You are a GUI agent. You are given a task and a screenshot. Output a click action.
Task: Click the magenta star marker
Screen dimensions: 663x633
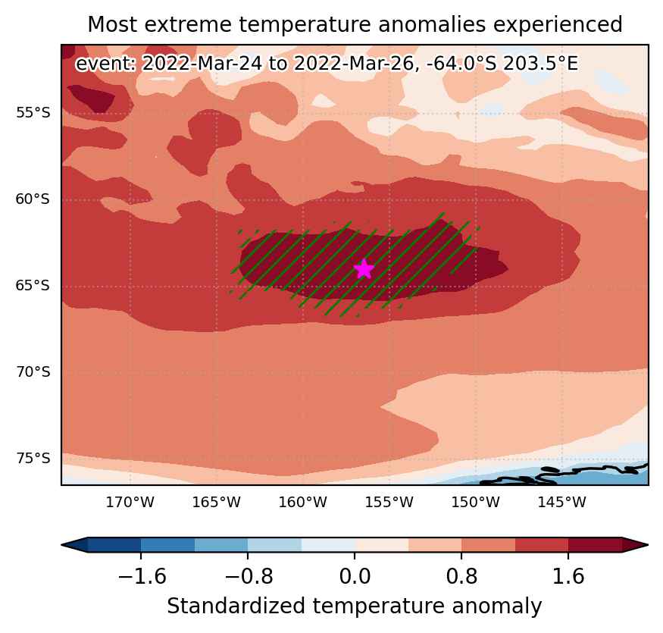point(364,269)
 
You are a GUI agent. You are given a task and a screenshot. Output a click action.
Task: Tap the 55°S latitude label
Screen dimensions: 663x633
point(33,113)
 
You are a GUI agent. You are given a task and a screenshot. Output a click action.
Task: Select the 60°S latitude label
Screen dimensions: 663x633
point(33,199)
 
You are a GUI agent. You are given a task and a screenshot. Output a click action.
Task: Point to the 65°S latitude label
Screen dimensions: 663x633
point(33,286)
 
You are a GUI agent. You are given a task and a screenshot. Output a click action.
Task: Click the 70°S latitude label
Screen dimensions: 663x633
point(33,372)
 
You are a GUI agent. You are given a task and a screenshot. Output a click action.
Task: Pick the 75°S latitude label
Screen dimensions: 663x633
point(33,459)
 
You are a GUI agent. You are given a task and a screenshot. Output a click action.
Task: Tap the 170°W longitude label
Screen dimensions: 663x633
point(130,503)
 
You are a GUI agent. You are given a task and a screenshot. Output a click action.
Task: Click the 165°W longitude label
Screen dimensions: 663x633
point(216,503)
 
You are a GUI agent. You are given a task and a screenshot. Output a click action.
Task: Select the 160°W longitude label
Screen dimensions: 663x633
point(303,503)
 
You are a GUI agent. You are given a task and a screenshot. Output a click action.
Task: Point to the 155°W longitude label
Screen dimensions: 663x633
point(389,503)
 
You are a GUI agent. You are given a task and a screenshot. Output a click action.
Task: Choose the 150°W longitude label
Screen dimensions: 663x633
point(475,503)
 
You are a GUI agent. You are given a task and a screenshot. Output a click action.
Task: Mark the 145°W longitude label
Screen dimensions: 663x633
point(562,503)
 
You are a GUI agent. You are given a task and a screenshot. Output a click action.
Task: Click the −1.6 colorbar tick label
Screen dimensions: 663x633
point(142,576)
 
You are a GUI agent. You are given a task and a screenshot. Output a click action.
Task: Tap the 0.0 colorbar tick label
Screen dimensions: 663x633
point(355,576)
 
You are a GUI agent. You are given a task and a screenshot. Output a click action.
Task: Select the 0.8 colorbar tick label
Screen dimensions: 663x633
point(461,576)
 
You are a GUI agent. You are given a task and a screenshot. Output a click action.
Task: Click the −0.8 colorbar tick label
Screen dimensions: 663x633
point(249,576)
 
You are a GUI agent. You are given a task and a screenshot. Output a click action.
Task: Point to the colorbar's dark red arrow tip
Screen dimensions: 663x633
point(648,545)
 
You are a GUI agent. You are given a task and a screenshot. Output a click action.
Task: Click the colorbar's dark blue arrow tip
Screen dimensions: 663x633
point(62,545)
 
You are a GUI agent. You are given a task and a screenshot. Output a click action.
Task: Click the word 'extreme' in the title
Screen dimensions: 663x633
point(188,24)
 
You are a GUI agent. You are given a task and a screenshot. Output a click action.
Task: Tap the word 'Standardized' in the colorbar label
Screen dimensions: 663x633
point(236,606)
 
